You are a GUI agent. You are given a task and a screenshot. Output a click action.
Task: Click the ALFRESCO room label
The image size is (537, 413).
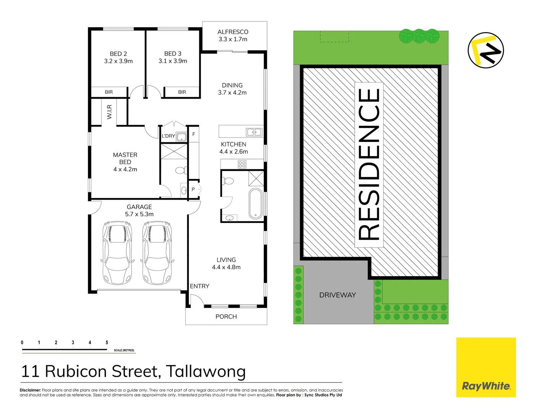(233, 32)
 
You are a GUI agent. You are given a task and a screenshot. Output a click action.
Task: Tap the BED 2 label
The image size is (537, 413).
(118, 54)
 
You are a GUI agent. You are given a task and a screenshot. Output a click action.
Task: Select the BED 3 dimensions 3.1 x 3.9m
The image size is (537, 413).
(173, 61)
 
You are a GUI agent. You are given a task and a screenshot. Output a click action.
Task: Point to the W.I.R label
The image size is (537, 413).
(110, 112)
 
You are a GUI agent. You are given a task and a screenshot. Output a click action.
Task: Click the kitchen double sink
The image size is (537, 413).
(254, 132)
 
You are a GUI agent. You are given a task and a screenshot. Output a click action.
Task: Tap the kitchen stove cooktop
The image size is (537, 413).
(242, 164)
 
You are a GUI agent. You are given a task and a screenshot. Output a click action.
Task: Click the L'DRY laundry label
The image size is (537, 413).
(168, 136)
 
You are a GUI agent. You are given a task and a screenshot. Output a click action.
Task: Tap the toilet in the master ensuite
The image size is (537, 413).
(180, 170)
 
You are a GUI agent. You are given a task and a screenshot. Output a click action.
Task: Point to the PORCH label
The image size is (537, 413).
(226, 317)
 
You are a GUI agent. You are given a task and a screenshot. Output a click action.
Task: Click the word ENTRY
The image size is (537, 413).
(200, 286)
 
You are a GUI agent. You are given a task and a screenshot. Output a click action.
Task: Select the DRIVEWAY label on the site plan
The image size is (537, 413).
(337, 295)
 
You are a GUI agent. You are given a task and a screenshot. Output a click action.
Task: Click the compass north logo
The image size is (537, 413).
(486, 50)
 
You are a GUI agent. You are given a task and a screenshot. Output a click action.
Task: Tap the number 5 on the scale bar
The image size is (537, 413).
(107, 343)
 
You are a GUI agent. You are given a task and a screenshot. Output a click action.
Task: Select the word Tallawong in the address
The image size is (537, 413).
(206, 371)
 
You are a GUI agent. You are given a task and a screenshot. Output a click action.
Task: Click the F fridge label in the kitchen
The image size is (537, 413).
(194, 134)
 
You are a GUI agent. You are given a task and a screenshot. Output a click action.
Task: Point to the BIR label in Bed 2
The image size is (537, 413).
(109, 92)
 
